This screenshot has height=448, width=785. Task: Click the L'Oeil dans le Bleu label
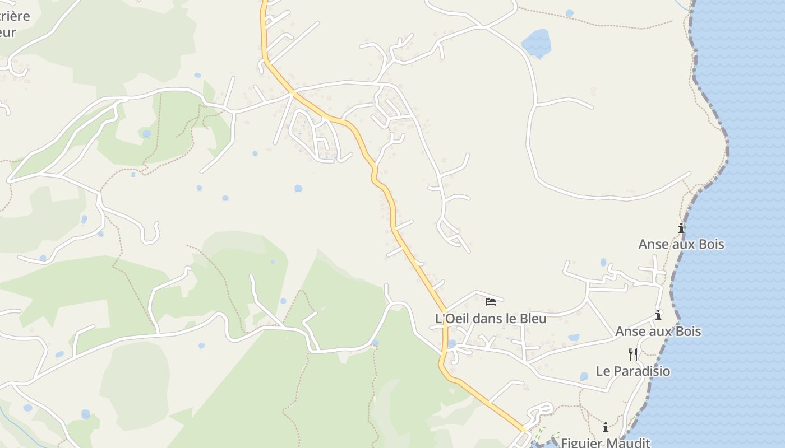(491, 318)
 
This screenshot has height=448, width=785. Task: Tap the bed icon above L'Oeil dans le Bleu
(491, 302)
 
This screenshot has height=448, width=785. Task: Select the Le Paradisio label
(632, 371)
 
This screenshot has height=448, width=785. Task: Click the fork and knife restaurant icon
(633, 354)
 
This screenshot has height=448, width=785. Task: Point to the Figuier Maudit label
(605, 442)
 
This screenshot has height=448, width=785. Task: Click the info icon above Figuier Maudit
(606, 427)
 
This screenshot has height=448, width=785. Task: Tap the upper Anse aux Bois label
(681, 244)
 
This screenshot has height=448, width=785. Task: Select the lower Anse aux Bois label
(658, 331)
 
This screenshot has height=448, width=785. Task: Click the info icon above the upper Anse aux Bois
(681, 228)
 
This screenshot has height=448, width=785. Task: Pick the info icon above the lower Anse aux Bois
(658, 315)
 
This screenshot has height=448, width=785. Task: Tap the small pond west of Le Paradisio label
(584, 376)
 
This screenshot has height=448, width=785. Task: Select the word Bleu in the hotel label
(533, 318)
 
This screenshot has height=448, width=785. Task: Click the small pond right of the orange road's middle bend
(298, 188)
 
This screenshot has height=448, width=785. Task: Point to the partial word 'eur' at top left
(8, 32)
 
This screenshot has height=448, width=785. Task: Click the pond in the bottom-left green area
(85, 414)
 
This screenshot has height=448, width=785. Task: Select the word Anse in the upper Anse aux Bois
(653, 244)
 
